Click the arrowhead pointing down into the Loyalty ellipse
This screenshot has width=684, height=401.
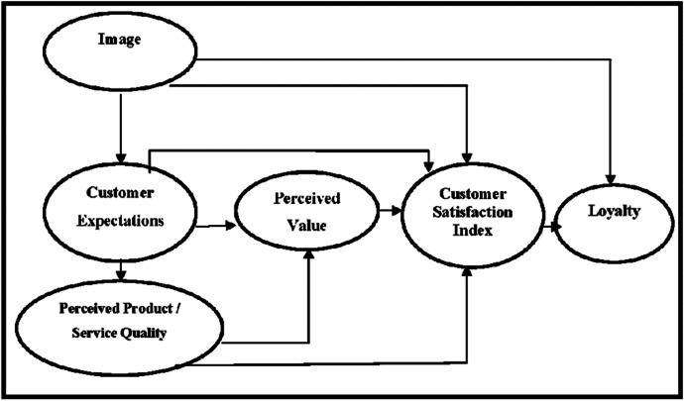click(x=615, y=173)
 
